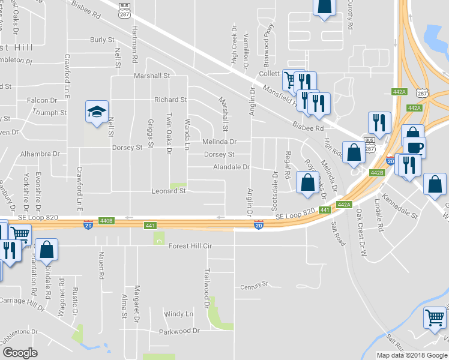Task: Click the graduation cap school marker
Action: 97,112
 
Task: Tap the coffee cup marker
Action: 414,148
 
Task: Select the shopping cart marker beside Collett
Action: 291,80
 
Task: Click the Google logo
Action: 19,353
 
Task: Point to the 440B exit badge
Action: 106,221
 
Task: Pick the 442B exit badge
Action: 376,173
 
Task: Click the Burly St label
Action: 102,40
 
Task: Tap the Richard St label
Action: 170,100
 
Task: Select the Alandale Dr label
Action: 231,167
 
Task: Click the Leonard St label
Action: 168,191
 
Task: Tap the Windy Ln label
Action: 178,314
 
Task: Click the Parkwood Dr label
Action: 179,331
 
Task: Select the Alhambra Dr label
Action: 40,154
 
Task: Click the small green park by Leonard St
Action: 178,186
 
